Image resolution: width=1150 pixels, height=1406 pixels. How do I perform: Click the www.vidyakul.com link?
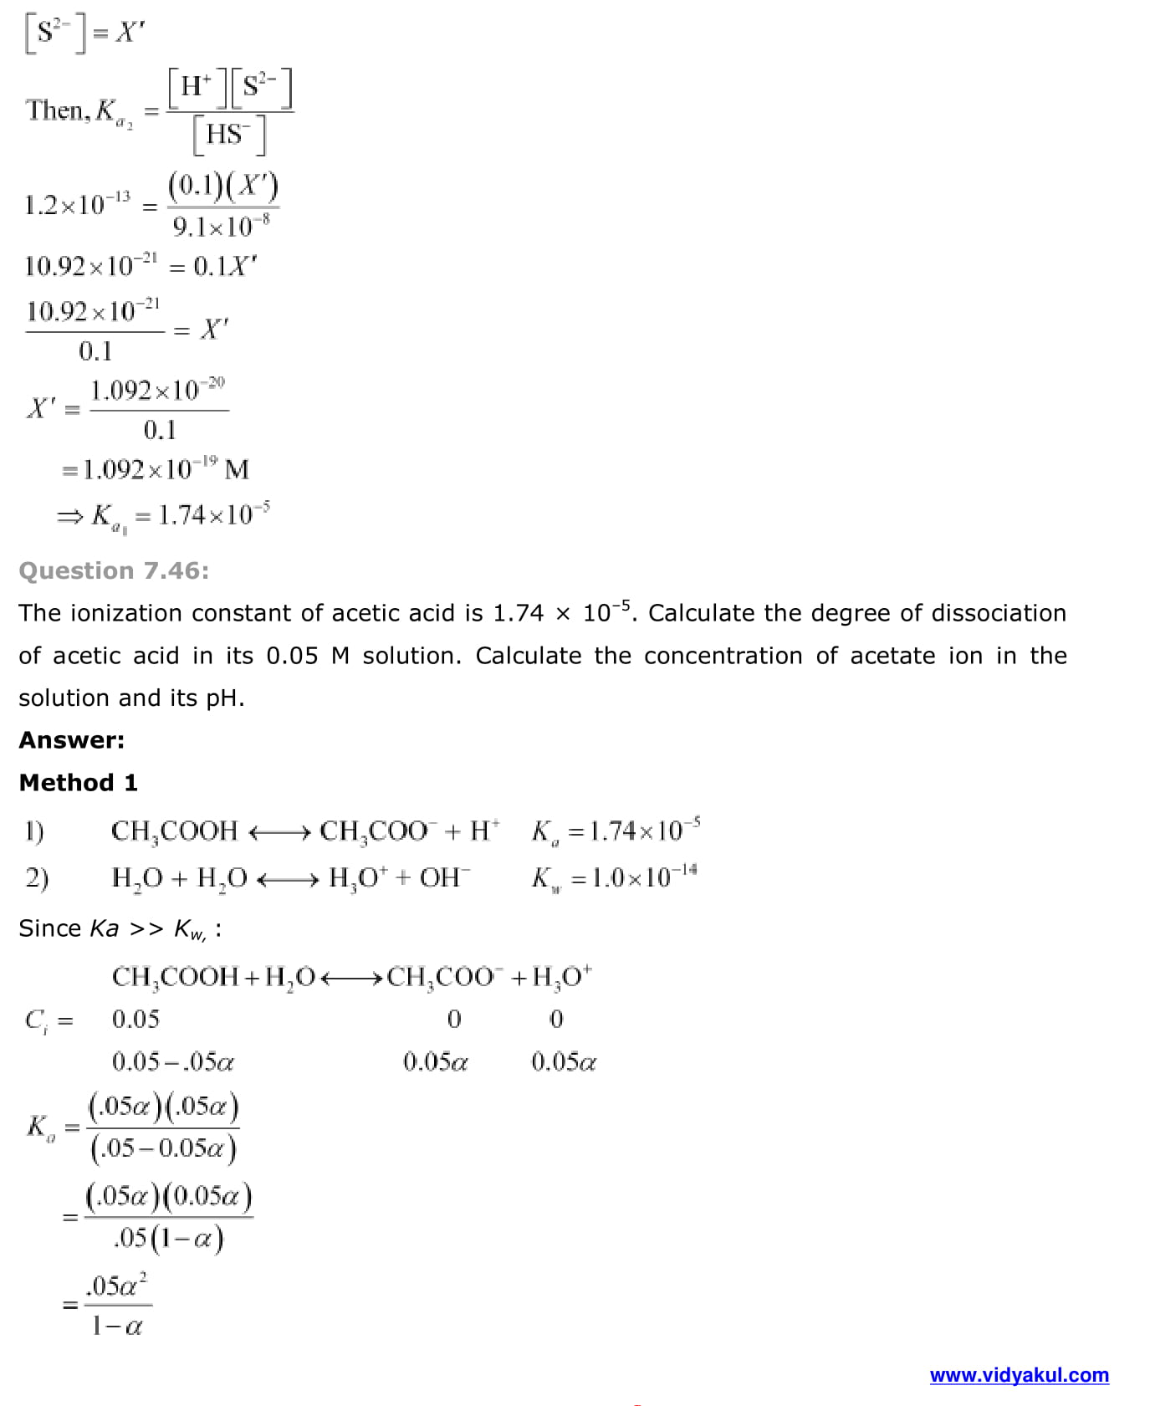pos(1019,1375)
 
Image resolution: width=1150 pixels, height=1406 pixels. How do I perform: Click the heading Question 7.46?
pos(114,570)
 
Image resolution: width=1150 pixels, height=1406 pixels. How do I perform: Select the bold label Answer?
pos(72,740)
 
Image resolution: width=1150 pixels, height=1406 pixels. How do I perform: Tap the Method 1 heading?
pos(78,783)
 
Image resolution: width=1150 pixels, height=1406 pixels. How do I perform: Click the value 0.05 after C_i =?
pos(135,1019)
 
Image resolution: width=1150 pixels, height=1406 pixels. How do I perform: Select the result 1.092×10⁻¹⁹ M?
pos(166,469)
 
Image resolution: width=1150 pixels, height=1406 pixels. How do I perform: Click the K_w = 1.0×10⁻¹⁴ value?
pos(615,877)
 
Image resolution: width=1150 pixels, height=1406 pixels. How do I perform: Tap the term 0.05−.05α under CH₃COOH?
pos(173,1062)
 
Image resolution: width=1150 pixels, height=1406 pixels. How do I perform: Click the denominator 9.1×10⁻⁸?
pos(221,226)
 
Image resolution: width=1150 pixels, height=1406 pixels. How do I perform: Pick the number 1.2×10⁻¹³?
pos(78,205)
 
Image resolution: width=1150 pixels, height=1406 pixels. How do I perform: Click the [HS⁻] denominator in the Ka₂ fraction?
pos(229,135)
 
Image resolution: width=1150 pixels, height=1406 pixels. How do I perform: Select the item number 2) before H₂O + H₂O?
pos(37,877)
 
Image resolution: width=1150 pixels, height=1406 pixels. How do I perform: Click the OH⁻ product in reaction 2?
pos(445,877)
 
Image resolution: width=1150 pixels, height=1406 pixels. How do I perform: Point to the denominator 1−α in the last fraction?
pos(117,1326)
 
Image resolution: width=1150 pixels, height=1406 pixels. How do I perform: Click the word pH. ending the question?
pos(225,698)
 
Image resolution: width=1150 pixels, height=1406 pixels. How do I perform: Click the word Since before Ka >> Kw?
pos(49,928)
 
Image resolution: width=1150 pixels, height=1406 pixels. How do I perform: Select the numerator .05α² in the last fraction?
pos(117,1286)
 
